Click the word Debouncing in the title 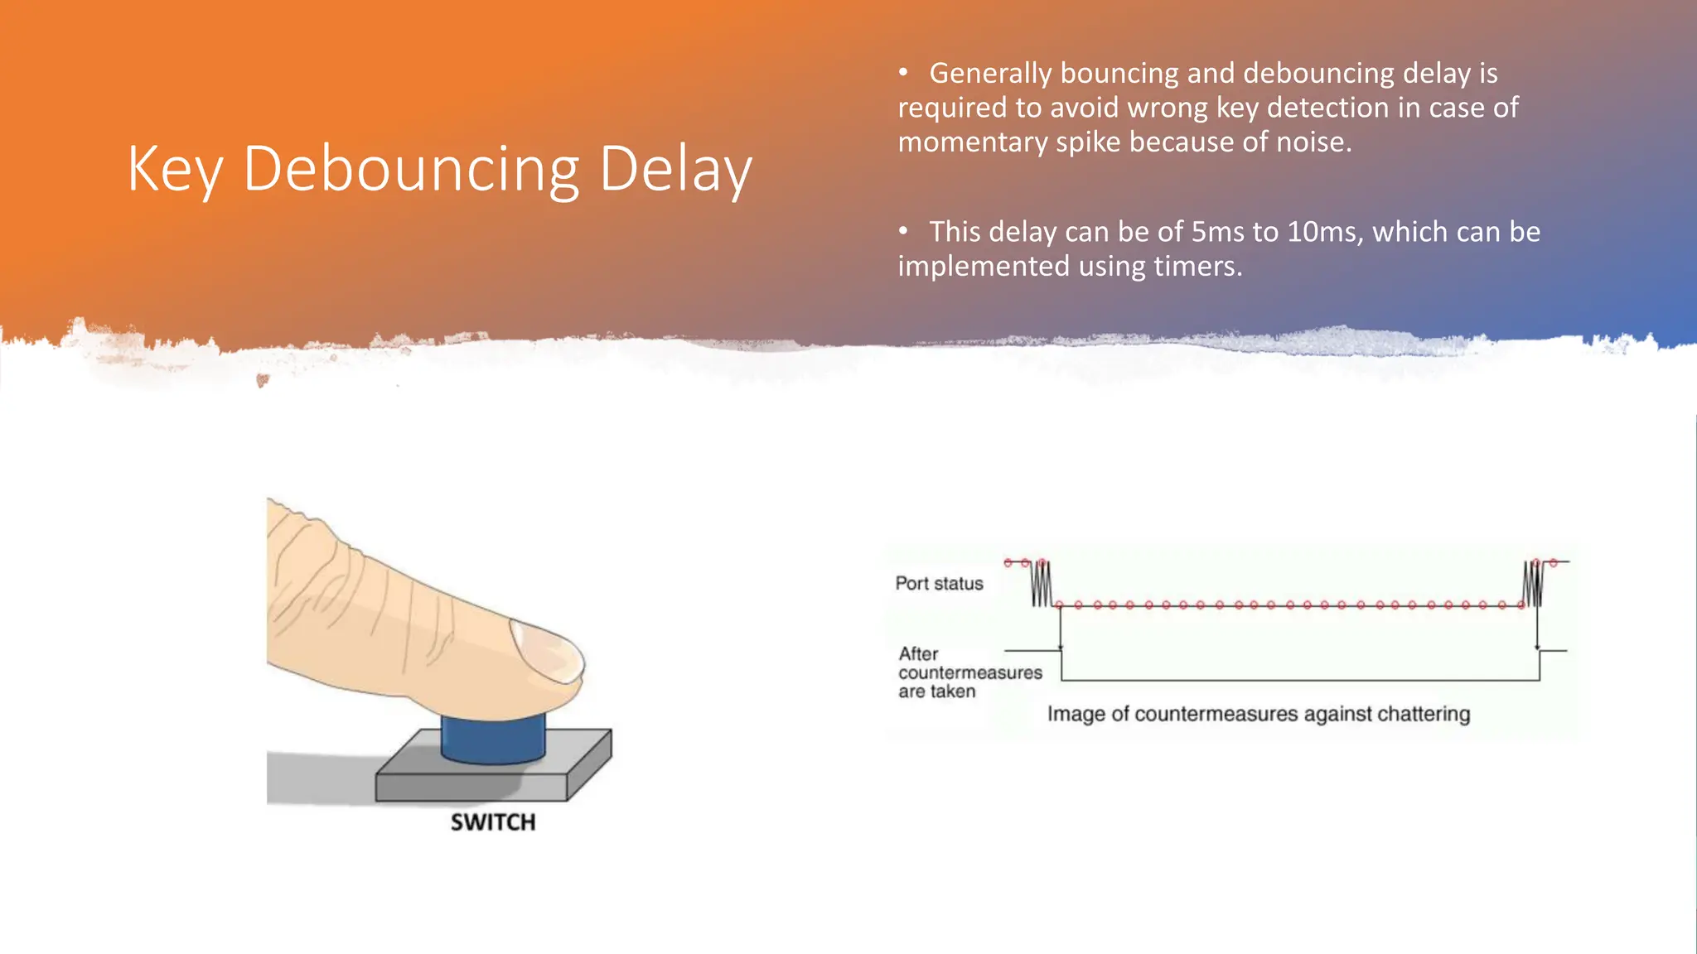click(x=411, y=170)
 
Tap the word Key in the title click(x=174, y=170)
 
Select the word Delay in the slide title click(x=674, y=170)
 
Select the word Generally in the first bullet click(x=990, y=74)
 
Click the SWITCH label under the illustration click(x=493, y=822)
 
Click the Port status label click(x=939, y=584)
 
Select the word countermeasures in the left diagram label click(x=969, y=673)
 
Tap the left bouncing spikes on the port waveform click(x=1041, y=584)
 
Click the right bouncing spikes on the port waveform click(x=1532, y=584)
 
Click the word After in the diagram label click(x=918, y=654)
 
